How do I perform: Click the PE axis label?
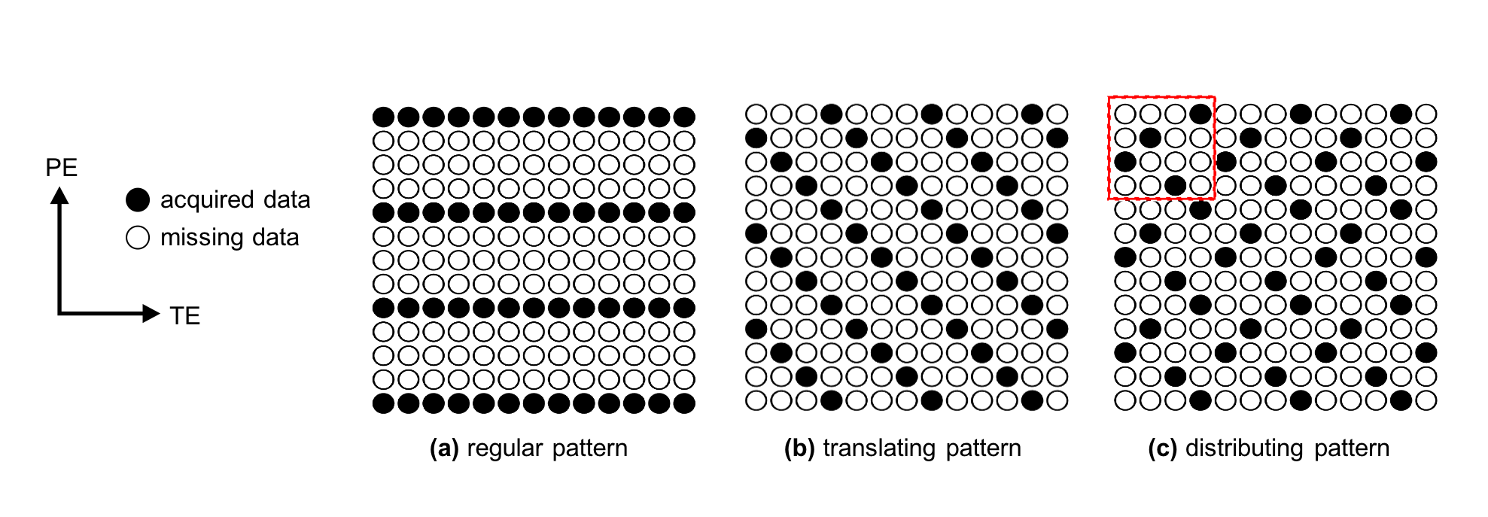tap(61, 167)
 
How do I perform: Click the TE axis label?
tap(184, 316)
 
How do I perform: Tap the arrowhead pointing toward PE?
tap(59, 196)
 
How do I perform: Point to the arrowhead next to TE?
tap(151, 313)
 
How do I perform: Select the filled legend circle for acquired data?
tap(138, 200)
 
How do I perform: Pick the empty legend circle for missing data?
tap(138, 239)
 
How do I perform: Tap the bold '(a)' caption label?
tap(444, 449)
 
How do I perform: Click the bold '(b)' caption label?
tap(799, 449)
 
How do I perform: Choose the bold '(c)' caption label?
tap(1163, 449)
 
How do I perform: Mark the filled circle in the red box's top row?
tap(1200, 114)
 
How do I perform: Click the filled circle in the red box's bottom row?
tap(1175, 186)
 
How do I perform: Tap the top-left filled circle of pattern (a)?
tap(383, 117)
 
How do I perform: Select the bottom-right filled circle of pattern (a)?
tap(684, 403)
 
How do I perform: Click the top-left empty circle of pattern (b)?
tap(756, 114)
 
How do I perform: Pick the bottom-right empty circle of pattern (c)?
tap(1426, 400)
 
